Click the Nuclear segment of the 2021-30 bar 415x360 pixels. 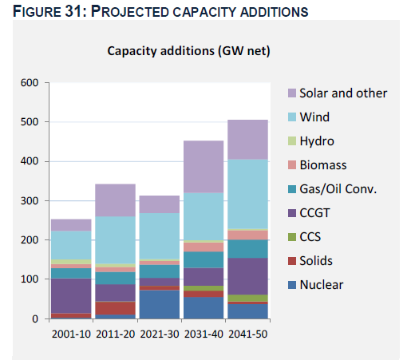click(160, 304)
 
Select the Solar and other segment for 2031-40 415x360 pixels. click(204, 167)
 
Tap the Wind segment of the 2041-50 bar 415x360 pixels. click(247, 194)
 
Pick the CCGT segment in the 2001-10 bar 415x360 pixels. click(71, 296)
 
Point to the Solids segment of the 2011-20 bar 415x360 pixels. click(115, 308)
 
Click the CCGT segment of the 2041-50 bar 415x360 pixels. click(247, 276)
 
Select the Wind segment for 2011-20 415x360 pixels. click(115, 240)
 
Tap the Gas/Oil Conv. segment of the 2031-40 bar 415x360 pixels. click(204, 259)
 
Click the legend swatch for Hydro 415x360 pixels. click(292, 140)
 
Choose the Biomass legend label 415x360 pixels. click(323, 165)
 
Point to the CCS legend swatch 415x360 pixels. click(292, 237)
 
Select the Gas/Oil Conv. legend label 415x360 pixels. click(338, 189)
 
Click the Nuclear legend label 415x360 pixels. click(322, 285)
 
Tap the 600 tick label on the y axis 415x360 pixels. click(30, 83)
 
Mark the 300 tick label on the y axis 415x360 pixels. click(30, 201)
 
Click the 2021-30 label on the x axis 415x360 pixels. click(160, 334)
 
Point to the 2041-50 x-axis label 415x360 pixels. click(248, 334)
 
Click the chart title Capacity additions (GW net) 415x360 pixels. click(188, 51)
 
